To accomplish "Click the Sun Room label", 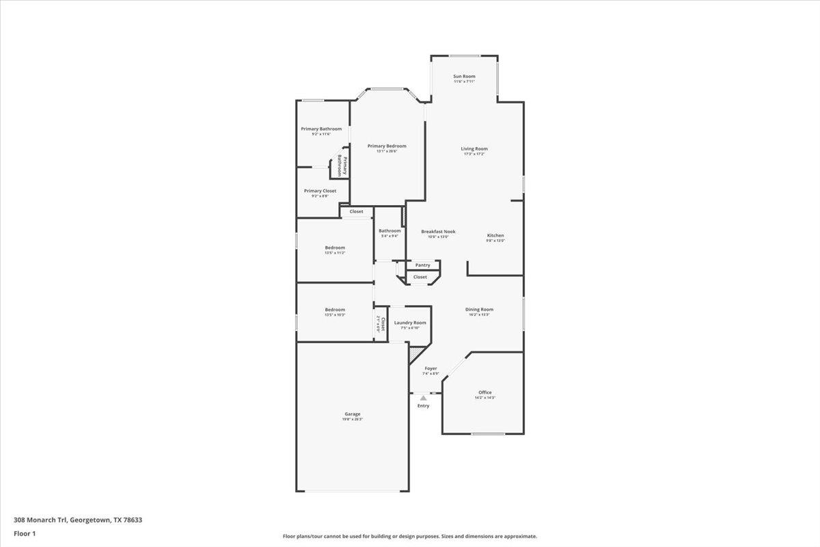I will (x=464, y=76).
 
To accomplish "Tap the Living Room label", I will (x=474, y=148).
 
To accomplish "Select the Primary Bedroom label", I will (x=387, y=146).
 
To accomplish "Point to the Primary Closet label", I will (x=320, y=191).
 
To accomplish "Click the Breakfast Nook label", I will (x=438, y=231).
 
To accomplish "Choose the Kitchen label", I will (x=495, y=235).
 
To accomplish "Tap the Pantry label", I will (x=423, y=265).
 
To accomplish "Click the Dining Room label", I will (x=479, y=309).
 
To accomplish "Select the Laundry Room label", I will (x=410, y=322).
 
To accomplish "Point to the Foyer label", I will (x=430, y=368).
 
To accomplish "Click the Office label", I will (x=485, y=392).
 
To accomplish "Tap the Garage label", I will (x=353, y=414).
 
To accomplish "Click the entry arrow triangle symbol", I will (x=424, y=397).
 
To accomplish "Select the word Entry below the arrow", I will (x=424, y=406).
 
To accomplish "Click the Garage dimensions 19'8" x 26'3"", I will (x=353, y=419).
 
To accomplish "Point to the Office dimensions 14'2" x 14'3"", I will (x=485, y=397).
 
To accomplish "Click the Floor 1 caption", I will (x=25, y=533).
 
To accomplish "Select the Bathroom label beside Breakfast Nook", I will (x=389, y=230).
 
